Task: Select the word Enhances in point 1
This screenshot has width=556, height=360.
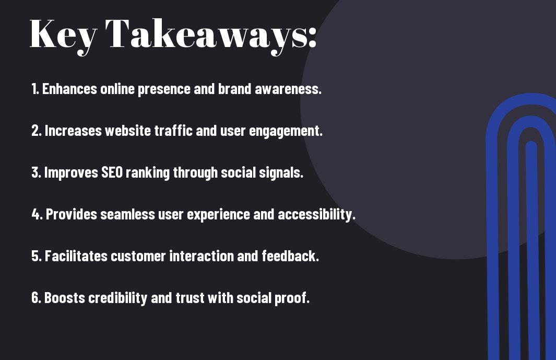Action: (69, 89)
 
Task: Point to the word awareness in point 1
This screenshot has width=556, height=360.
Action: (288, 89)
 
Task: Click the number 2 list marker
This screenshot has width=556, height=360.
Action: (37, 131)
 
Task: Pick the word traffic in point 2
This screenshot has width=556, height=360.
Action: (173, 131)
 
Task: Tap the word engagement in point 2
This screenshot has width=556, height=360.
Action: (286, 131)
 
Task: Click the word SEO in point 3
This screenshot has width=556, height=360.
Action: (112, 172)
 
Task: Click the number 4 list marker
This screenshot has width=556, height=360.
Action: (37, 214)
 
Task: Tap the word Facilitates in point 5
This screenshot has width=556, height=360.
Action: (76, 256)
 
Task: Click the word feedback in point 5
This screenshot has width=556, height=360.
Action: (290, 256)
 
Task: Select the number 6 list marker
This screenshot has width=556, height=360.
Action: (36, 298)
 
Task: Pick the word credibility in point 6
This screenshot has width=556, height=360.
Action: (117, 298)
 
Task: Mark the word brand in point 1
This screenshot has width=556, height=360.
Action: (234, 89)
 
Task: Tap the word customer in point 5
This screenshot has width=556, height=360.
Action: (138, 256)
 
